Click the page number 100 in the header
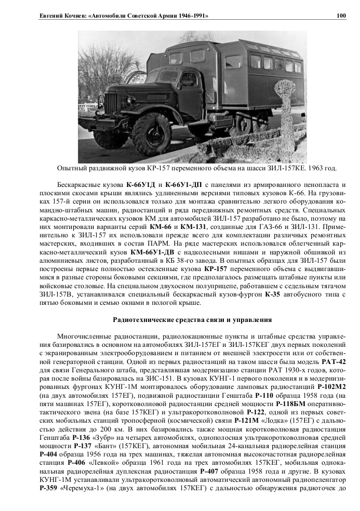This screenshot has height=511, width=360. click(341, 16)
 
